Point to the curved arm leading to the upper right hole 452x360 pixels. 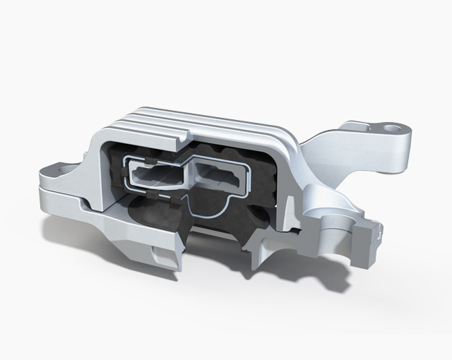point(332,152)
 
